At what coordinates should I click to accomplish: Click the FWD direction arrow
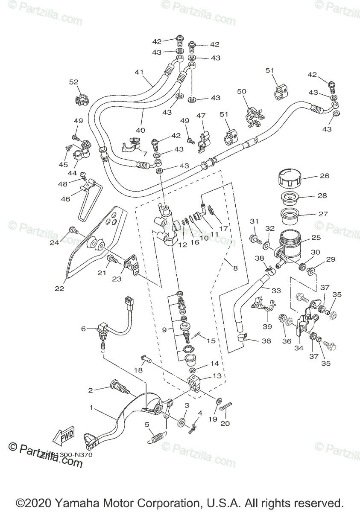[x=63, y=435]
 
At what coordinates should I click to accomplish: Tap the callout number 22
[x=59, y=288]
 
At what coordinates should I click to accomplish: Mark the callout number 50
[x=242, y=91]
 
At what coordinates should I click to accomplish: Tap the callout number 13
[x=206, y=375]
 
